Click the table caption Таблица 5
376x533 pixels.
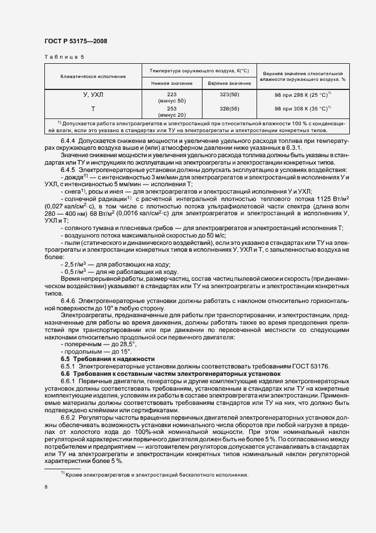click(x=64, y=57)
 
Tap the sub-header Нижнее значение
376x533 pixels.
click(x=172, y=84)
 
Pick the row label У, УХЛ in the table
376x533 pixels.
click(x=92, y=95)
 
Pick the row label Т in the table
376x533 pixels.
click(x=92, y=108)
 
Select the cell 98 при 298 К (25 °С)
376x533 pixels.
click(x=303, y=95)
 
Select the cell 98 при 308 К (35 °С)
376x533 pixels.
click(x=303, y=108)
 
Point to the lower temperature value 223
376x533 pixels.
click(x=172, y=94)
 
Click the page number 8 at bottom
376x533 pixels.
click(x=46, y=487)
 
